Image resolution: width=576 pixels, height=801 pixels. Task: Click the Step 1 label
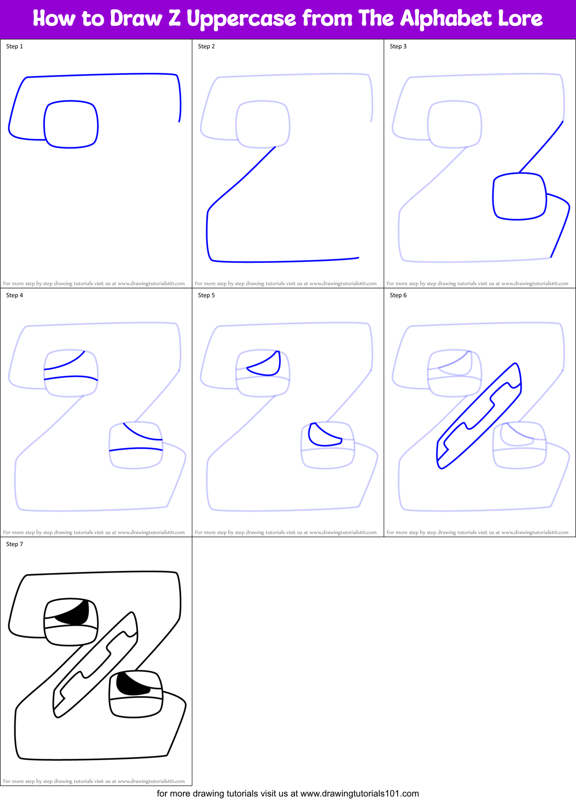14,46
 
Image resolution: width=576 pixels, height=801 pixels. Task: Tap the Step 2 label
206,46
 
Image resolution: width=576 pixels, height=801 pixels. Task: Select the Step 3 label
398,46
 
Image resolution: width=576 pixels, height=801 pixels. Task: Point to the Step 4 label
14,295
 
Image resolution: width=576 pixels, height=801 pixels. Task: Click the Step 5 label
206,295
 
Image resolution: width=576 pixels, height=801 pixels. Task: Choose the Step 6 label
398,295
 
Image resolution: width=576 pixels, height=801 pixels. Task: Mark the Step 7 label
14,544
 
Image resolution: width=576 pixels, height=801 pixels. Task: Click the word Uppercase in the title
241,19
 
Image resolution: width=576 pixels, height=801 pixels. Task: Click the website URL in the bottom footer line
359,794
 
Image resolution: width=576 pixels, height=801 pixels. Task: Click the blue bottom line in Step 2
284,260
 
